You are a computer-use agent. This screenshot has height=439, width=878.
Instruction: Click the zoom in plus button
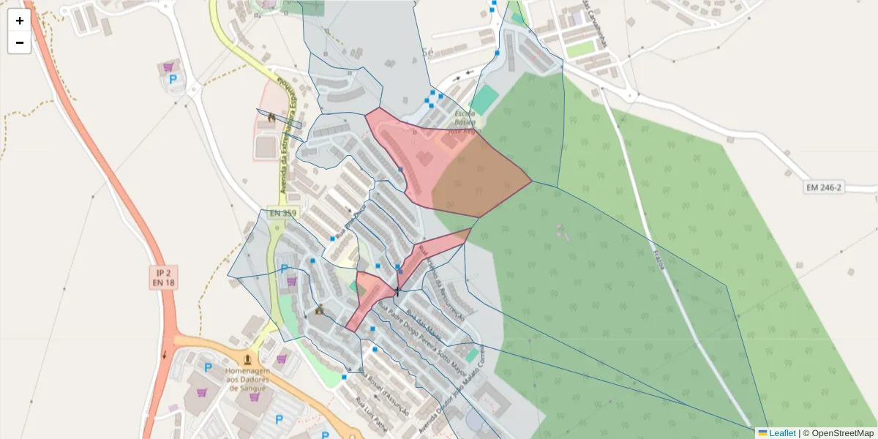click(x=19, y=20)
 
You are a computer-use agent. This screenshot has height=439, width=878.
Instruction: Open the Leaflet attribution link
click(x=781, y=433)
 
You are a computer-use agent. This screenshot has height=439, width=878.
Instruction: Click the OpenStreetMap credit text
click(x=841, y=433)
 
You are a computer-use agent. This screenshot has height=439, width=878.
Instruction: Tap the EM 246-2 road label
click(x=824, y=187)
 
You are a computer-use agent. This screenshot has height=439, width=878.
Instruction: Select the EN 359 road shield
click(x=285, y=213)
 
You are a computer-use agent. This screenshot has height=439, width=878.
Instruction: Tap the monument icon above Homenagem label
click(x=248, y=360)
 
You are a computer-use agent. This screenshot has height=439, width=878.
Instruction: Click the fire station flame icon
click(x=271, y=117)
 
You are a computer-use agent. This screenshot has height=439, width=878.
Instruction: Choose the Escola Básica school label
click(x=464, y=123)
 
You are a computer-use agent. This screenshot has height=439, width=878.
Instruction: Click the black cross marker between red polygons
click(x=397, y=292)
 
